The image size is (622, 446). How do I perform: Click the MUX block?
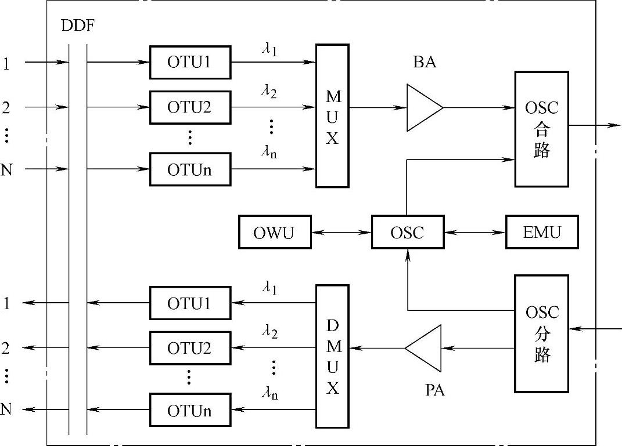coord(332,115)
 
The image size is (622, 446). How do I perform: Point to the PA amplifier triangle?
coord(423,348)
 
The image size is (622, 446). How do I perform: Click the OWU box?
coord(274,233)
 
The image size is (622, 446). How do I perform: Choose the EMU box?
coord(542,233)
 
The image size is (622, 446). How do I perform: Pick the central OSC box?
coord(407,233)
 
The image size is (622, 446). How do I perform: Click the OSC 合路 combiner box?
coord(541,129)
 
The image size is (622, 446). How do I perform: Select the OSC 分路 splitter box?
coord(541,333)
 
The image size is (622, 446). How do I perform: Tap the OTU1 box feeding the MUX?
coord(189,61)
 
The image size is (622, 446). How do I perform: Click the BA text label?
coord(425,62)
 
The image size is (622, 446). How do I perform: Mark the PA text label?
coord(434,390)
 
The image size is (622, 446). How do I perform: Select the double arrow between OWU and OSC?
coord(341,233)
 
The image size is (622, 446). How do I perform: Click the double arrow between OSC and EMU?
coord(474,233)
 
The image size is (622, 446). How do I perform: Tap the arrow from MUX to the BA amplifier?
coord(377,107)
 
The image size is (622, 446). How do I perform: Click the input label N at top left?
coord(6,169)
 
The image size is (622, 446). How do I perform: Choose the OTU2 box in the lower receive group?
coord(189,348)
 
